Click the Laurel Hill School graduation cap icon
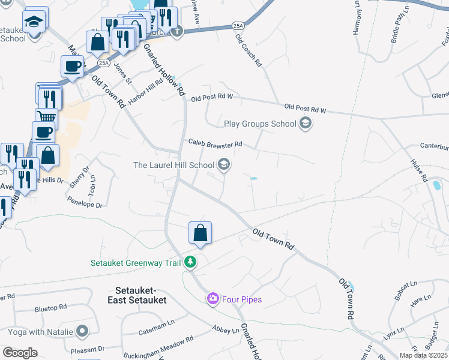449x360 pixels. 224,164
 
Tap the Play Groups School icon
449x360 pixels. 306,124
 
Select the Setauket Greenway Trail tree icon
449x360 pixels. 190,262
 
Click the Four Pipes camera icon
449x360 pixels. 212,299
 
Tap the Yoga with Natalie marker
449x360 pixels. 83,331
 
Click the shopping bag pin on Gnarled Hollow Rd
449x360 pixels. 200,233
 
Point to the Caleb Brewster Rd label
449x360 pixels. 215,144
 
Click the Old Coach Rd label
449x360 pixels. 249,52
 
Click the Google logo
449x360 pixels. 20,353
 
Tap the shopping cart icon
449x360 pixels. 46,116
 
